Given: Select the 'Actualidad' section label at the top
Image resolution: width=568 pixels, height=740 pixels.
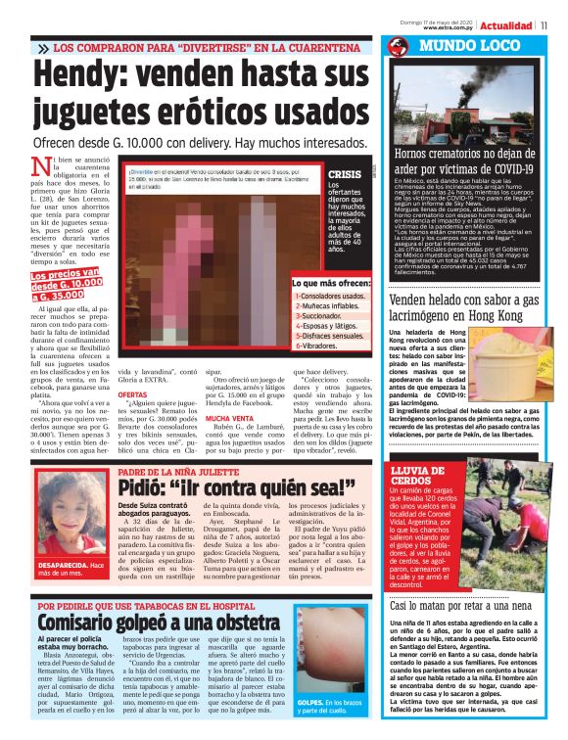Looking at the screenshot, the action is [x=506, y=25].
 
